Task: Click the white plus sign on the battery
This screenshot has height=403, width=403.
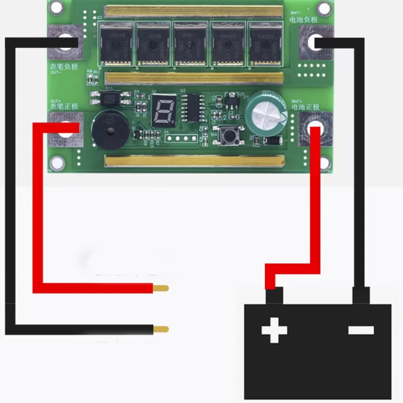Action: [x=274, y=330]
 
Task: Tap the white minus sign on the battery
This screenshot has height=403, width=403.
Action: [x=361, y=330]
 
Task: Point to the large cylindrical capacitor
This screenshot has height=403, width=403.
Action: [x=266, y=113]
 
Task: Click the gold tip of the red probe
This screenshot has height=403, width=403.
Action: [x=161, y=288]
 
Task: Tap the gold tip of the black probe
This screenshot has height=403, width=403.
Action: [x=161, y=329]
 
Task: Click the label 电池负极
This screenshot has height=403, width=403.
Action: [x=304, y=20]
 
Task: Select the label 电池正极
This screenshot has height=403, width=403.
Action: [x=305, y=107]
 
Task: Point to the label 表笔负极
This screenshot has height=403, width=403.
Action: [x=64, y=66]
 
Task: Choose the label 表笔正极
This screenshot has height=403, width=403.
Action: [x=64, y=106]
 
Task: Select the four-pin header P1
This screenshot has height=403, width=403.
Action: [x=181, y=138]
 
